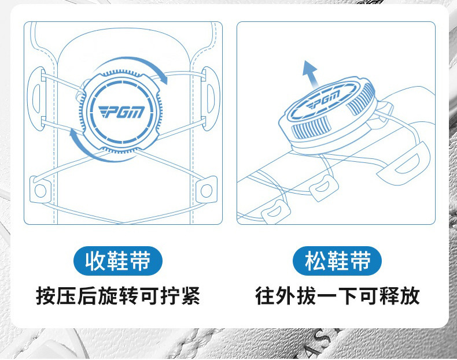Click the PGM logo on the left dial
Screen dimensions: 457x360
[121, 112]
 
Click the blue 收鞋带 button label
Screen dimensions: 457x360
[118, 261]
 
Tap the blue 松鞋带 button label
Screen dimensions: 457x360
[337, 261]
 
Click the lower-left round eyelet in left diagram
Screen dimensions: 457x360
[40, 190]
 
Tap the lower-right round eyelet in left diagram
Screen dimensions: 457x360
[207, 190]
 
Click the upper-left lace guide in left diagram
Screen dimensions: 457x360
[37, 98]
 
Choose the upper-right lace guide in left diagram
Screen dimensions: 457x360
[211, 98]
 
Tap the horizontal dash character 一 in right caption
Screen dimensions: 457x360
[327, 296]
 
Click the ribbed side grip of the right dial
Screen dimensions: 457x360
[312, 128]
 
